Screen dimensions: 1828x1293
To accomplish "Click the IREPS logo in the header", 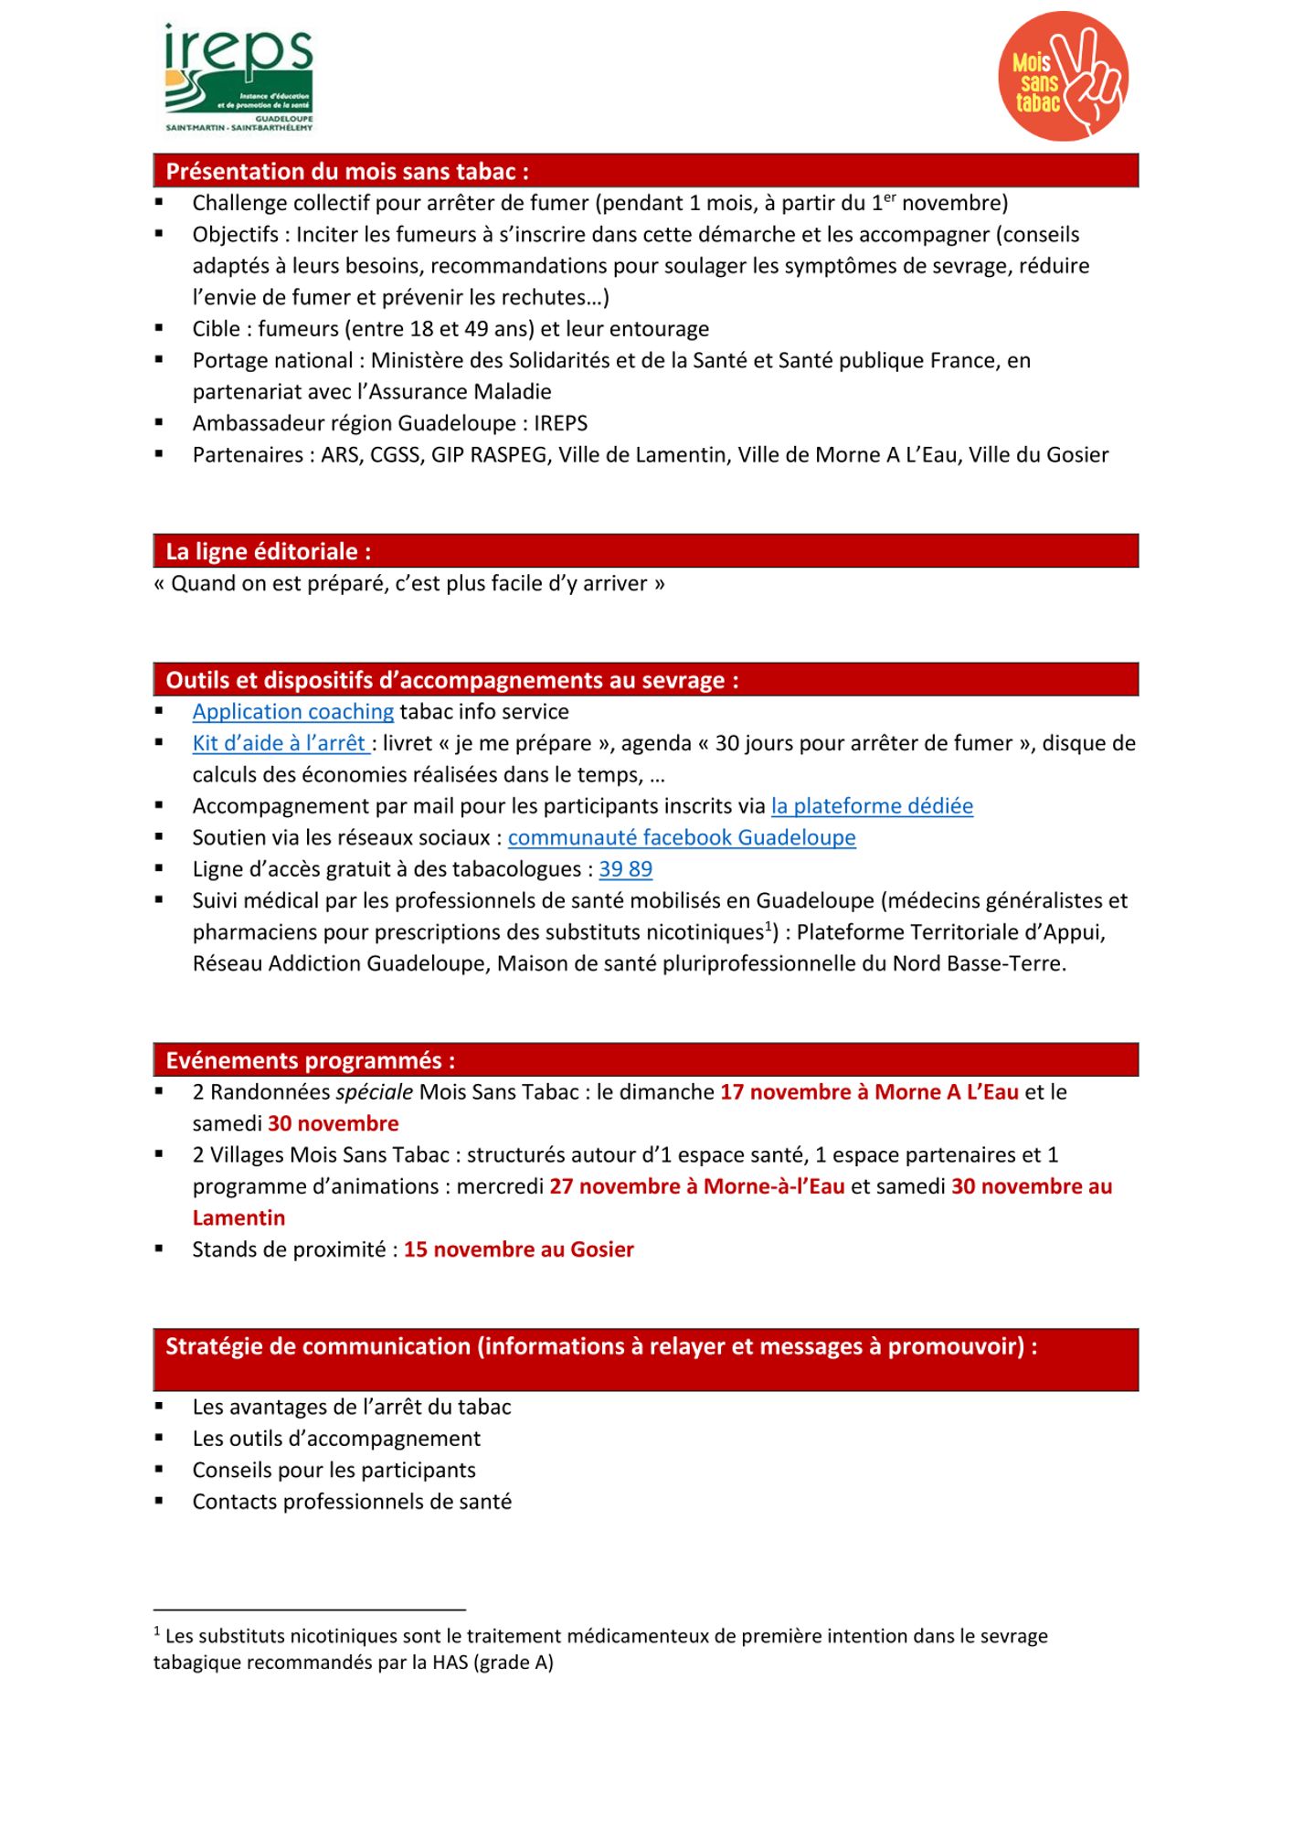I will point(238,79).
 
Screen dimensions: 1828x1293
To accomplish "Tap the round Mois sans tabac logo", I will point(1063,77).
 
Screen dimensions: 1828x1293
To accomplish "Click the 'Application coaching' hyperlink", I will point(292,712).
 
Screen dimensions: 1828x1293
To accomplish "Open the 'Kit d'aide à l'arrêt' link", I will point(279,743).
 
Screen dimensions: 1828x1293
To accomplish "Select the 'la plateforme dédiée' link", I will point(872,806).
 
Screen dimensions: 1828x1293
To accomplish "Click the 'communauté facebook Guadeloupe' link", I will point(682,837).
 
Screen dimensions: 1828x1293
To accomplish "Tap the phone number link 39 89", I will point(626,869).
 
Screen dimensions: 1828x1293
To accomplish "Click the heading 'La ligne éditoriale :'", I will point(268,551).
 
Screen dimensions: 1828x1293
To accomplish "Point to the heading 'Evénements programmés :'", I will point(310,1060).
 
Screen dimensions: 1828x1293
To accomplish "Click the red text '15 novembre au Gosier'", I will point(518,1249).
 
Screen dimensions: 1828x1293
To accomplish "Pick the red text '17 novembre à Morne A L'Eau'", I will point(869,1092).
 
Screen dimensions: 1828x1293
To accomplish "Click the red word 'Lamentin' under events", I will point(238,1218).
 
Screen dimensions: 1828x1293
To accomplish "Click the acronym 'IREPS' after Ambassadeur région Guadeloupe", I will point(560,423).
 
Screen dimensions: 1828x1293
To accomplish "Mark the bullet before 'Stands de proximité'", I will point(159,1249).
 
